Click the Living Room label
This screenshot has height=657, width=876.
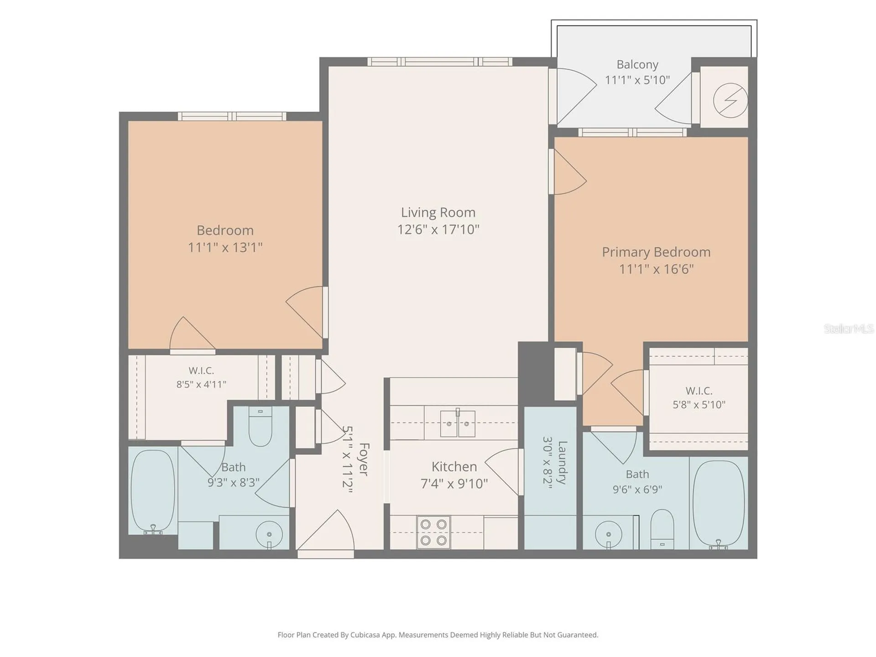(438, 213)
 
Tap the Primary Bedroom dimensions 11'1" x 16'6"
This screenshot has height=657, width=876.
(656, 269)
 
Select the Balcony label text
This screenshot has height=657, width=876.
(637, 65)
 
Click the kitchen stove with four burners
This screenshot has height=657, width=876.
(433, 532)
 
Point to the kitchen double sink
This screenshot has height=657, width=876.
(458, 423)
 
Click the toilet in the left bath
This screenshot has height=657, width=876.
(261, 427)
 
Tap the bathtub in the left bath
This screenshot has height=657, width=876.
(153, 491)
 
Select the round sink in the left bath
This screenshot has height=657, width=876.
(269, 534)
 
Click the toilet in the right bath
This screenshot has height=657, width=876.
(662, 529)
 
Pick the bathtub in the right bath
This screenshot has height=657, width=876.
(719, 504)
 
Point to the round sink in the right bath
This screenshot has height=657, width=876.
(609, 533)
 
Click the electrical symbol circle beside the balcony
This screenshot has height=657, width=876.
(730, 100)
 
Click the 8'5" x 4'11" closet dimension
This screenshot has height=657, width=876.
(201, 385)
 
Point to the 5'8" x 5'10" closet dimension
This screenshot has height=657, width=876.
(699, 405)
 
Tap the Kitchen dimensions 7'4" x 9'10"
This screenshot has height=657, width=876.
(454, 484)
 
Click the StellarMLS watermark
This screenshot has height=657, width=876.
(849, 328)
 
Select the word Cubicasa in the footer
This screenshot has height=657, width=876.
(365, 635)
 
